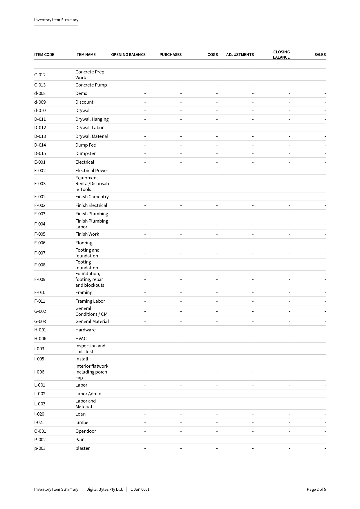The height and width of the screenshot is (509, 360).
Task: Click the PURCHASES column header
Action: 170,55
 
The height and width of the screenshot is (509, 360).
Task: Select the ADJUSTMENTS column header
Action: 240,55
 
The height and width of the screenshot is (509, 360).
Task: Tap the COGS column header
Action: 212,55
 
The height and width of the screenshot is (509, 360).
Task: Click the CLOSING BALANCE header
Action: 281,55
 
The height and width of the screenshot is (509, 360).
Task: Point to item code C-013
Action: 40,85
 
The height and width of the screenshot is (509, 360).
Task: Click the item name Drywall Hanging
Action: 92,119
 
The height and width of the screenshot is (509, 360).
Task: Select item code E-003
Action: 40,183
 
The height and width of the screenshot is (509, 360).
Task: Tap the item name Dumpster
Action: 85,153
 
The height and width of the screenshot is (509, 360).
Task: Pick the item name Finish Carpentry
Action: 92,196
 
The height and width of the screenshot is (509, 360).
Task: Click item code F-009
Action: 40,279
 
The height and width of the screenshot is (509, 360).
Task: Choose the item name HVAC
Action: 81,338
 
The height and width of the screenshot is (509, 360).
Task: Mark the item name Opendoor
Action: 86,431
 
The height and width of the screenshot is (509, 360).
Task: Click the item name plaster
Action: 82,448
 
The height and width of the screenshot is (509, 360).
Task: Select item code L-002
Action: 40,394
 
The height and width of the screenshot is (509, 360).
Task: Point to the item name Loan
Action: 80,414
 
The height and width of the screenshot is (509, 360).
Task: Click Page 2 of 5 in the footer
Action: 316,489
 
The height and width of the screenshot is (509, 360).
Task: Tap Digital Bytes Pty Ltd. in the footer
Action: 104,489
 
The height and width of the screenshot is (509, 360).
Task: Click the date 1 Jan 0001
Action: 140,489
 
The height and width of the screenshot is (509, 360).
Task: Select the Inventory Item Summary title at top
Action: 56,20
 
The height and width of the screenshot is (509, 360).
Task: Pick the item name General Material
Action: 92,321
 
